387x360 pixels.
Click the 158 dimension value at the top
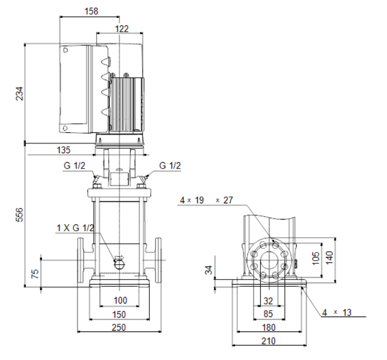coord(91,11)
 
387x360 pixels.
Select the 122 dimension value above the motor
coord(122,29)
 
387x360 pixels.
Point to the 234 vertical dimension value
coord(19,94)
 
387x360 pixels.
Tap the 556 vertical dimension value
coord(19,215)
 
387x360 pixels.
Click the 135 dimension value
coord(63,150)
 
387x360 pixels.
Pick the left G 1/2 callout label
coord(75,165)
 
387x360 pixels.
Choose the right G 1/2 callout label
coord(170,165)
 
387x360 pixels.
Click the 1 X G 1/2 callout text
coord(75,228)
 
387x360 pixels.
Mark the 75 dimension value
coord(35,274)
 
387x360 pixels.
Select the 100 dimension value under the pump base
coord(120,300)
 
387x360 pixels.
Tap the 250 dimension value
coord(119,327)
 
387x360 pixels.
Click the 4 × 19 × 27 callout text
coord(206,200)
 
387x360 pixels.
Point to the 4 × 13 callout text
coord(336,312)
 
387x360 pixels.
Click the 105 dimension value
coord(316,258)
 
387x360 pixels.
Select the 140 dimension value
coord(330,257)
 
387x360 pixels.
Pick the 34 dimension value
coord(209,270)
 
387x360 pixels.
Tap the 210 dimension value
coord(268,341)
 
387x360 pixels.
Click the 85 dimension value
coord(268,314)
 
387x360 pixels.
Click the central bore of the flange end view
coord(269,260)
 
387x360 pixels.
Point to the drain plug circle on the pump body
coord(120,264)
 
